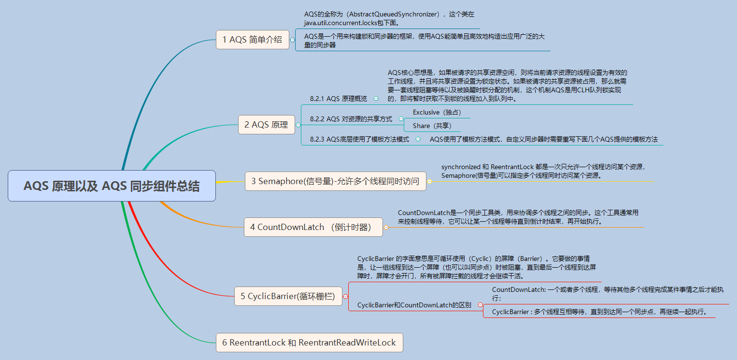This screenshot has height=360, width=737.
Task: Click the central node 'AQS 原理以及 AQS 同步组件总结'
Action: [x=112, y=186]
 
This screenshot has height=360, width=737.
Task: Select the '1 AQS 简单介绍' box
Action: [x=252, y=40]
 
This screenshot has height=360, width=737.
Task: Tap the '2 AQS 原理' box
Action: [x=266, y=125]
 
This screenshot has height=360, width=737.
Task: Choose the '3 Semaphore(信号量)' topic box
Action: [x=335, y=181]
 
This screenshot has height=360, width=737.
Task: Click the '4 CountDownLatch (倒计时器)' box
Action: [x=313, y=227]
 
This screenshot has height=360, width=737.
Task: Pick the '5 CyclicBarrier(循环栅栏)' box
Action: [x=287, y=296]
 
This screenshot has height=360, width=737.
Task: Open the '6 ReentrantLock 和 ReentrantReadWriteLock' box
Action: [x=309, y=343]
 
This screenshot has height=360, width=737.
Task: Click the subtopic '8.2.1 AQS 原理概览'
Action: [x=338, y=99]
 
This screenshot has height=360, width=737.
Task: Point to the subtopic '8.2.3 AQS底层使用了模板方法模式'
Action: [x=360, y=139]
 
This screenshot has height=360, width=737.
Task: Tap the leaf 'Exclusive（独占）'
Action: [x=437, y=112]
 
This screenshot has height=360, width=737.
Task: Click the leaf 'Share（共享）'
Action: [x=432, y=126]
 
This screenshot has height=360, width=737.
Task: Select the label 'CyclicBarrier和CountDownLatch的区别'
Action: [x=414, y=305]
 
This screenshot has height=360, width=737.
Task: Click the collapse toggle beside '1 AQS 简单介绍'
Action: [x=292, y=40]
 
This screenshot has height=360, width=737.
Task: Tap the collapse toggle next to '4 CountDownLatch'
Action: [x=386, y=227]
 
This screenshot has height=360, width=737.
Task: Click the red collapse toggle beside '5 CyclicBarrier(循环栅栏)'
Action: [x=345, y=296]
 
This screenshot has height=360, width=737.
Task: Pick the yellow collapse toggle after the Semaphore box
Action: [x=429, y=182]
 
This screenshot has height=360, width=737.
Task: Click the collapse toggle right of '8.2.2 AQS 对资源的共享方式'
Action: [x=400, y=119]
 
